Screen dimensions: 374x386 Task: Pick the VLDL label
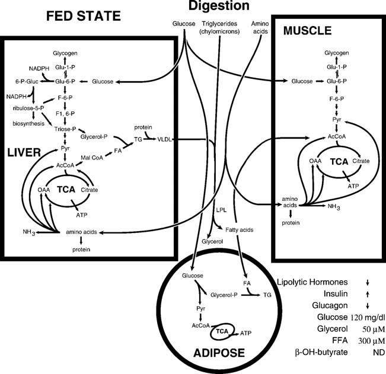164,139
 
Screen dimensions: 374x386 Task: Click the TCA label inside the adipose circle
224,333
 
